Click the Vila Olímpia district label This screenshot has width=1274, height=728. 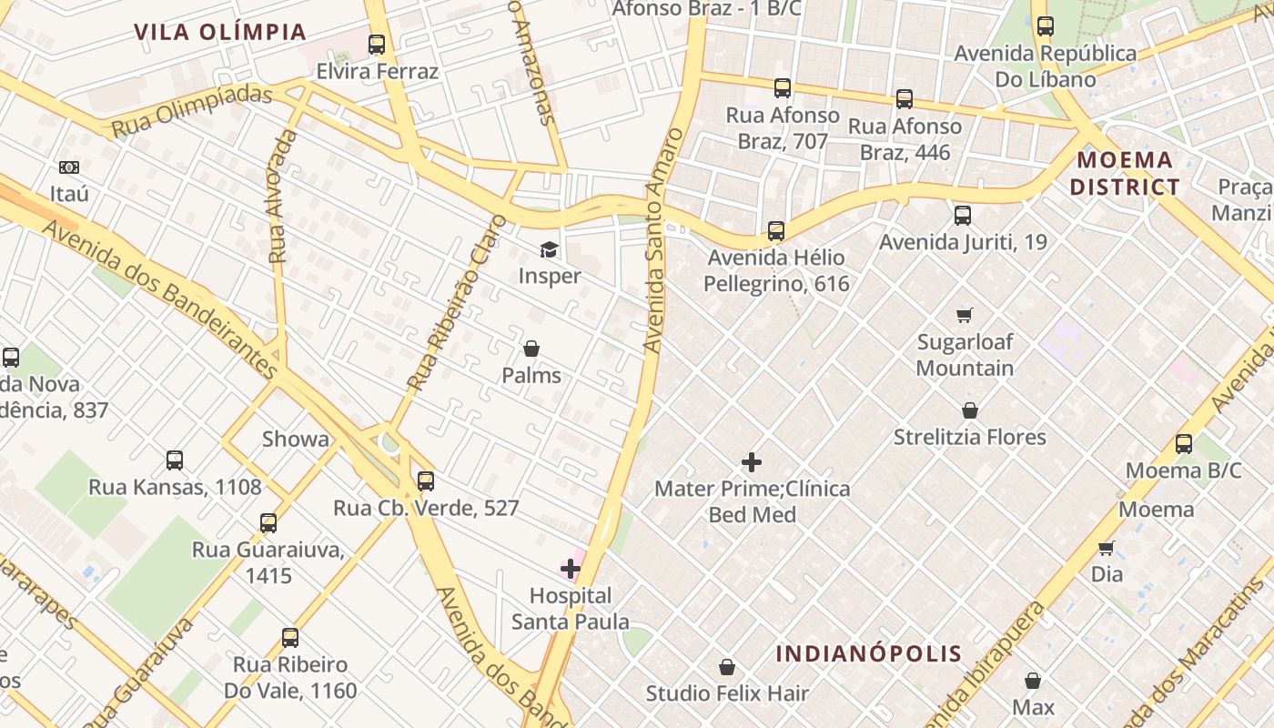tap(220, 32)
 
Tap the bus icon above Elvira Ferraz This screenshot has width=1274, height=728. tap(376, 44)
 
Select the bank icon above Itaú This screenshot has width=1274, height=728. tap(69, 167)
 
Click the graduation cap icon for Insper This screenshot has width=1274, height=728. tap(549, 249)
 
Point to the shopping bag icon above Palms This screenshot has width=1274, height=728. tap(531, 349)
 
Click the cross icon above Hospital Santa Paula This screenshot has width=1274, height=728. tap(571, 569)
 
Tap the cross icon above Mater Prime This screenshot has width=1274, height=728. tap(752, 462)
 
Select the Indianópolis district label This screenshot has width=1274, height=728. tap(868, 653)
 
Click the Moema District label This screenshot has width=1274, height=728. tap(1125, 174)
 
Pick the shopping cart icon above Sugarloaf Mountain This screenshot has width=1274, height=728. tap(965, 315)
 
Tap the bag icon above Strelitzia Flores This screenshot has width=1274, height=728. tap(970, 410)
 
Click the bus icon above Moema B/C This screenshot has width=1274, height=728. tap(1183, 444)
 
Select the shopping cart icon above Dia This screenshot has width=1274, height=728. tap(1107, 548)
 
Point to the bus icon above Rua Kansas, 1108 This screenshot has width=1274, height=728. tap(175, 460)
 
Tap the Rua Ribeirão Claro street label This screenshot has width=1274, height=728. tap(457, 303)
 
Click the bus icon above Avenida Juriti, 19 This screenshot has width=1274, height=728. tap(963, 216)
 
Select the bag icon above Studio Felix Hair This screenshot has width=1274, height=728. tap(727, 667)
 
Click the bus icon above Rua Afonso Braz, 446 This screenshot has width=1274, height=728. tap(905, 99)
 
